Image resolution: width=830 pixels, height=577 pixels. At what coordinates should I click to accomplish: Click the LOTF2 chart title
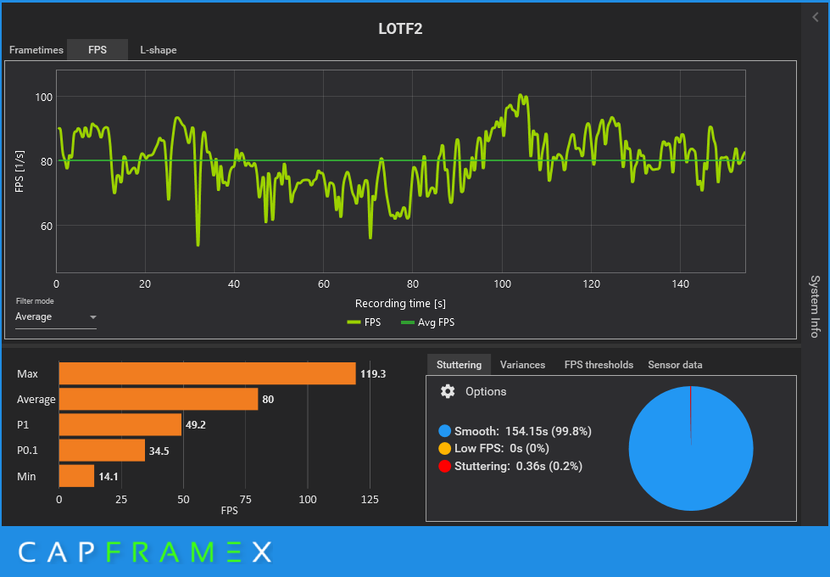coord(400,29)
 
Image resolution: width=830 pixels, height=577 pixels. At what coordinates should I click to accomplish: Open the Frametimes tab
coord(36,50)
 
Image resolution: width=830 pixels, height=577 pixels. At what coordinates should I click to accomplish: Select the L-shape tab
coord(159,50)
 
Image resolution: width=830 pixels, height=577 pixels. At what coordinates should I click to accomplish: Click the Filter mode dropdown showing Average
coord(56,317)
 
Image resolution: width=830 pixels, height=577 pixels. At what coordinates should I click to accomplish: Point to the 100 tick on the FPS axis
coord(43,97)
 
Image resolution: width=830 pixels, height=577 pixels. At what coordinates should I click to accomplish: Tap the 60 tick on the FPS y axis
coord(44,226)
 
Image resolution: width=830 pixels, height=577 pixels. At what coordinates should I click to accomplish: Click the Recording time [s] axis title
coord(400,304)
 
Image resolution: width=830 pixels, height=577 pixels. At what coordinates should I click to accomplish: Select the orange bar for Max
coord(207,373)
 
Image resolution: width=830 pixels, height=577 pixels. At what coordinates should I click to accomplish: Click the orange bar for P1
coord(120,424)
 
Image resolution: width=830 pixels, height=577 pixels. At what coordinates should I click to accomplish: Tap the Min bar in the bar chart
coord(76,476)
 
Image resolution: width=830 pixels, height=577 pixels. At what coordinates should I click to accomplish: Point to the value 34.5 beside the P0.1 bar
coord(159,451)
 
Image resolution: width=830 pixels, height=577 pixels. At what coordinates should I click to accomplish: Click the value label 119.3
coord(373,373)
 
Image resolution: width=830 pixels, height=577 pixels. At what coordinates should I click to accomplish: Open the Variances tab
coord(522,365)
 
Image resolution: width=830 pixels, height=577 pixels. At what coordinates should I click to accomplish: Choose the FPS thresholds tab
coord(599,365)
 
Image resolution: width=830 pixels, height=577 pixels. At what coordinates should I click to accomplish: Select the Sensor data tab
coord(675,365)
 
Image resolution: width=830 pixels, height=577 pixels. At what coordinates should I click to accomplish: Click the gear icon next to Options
coord(448,391)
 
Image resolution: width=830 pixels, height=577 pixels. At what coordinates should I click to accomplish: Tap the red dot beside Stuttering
coord(445,466)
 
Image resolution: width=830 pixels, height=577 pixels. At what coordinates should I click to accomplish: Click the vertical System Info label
coord(815,306)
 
